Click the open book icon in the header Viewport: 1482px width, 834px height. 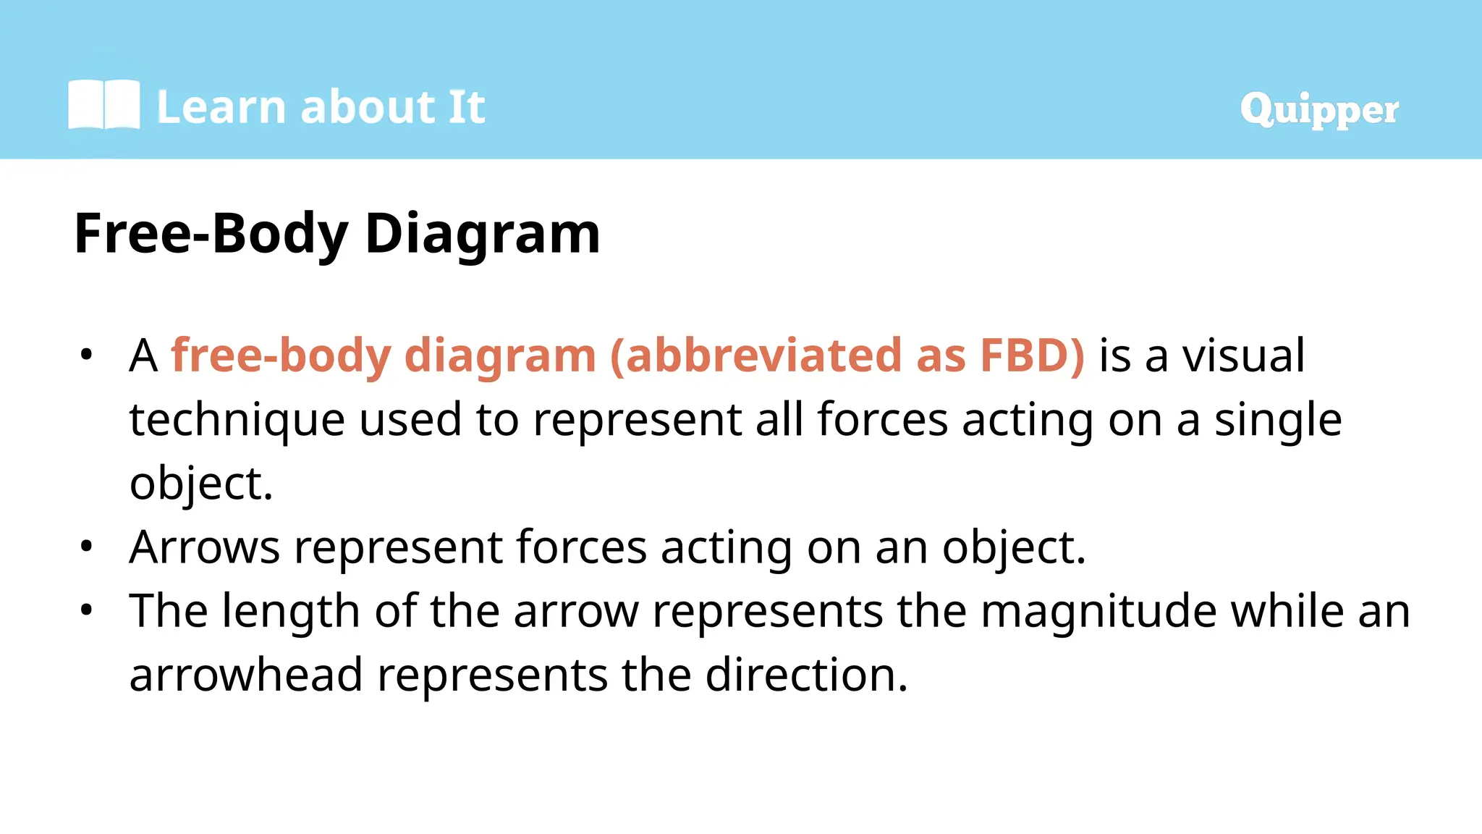103,105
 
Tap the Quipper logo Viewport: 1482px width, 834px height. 1318,109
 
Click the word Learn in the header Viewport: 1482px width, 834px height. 221,107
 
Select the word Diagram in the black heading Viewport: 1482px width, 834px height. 483,235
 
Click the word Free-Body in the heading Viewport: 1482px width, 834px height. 211,235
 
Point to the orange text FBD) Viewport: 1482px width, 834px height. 1033,355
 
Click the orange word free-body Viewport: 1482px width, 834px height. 281,355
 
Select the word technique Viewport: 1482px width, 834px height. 237,420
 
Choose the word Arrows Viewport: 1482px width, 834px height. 204,547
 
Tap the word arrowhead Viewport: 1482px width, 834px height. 246,675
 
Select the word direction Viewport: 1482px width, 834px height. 806,675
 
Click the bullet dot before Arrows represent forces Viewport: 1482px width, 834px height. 87,547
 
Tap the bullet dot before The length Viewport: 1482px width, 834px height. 87,610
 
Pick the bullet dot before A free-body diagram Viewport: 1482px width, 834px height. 87,355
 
